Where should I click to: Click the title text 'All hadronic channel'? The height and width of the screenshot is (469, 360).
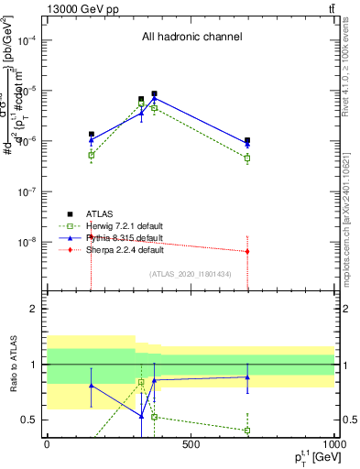click(191, 37)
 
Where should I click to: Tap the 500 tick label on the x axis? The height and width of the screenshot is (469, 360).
click(191, 445)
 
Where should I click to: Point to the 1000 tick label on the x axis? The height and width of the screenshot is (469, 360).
click(335, 445)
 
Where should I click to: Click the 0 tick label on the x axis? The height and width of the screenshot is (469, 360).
click(47, 445)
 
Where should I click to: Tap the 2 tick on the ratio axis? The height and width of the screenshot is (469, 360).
click(35, 309)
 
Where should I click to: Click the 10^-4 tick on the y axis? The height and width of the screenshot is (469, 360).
click(27, 40)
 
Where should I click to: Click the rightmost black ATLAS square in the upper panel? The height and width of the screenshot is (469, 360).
click(248, 140)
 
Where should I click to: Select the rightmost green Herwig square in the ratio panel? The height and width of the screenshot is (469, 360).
click(248, 430)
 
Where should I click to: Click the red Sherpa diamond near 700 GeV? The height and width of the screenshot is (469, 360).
click(248, 251)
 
